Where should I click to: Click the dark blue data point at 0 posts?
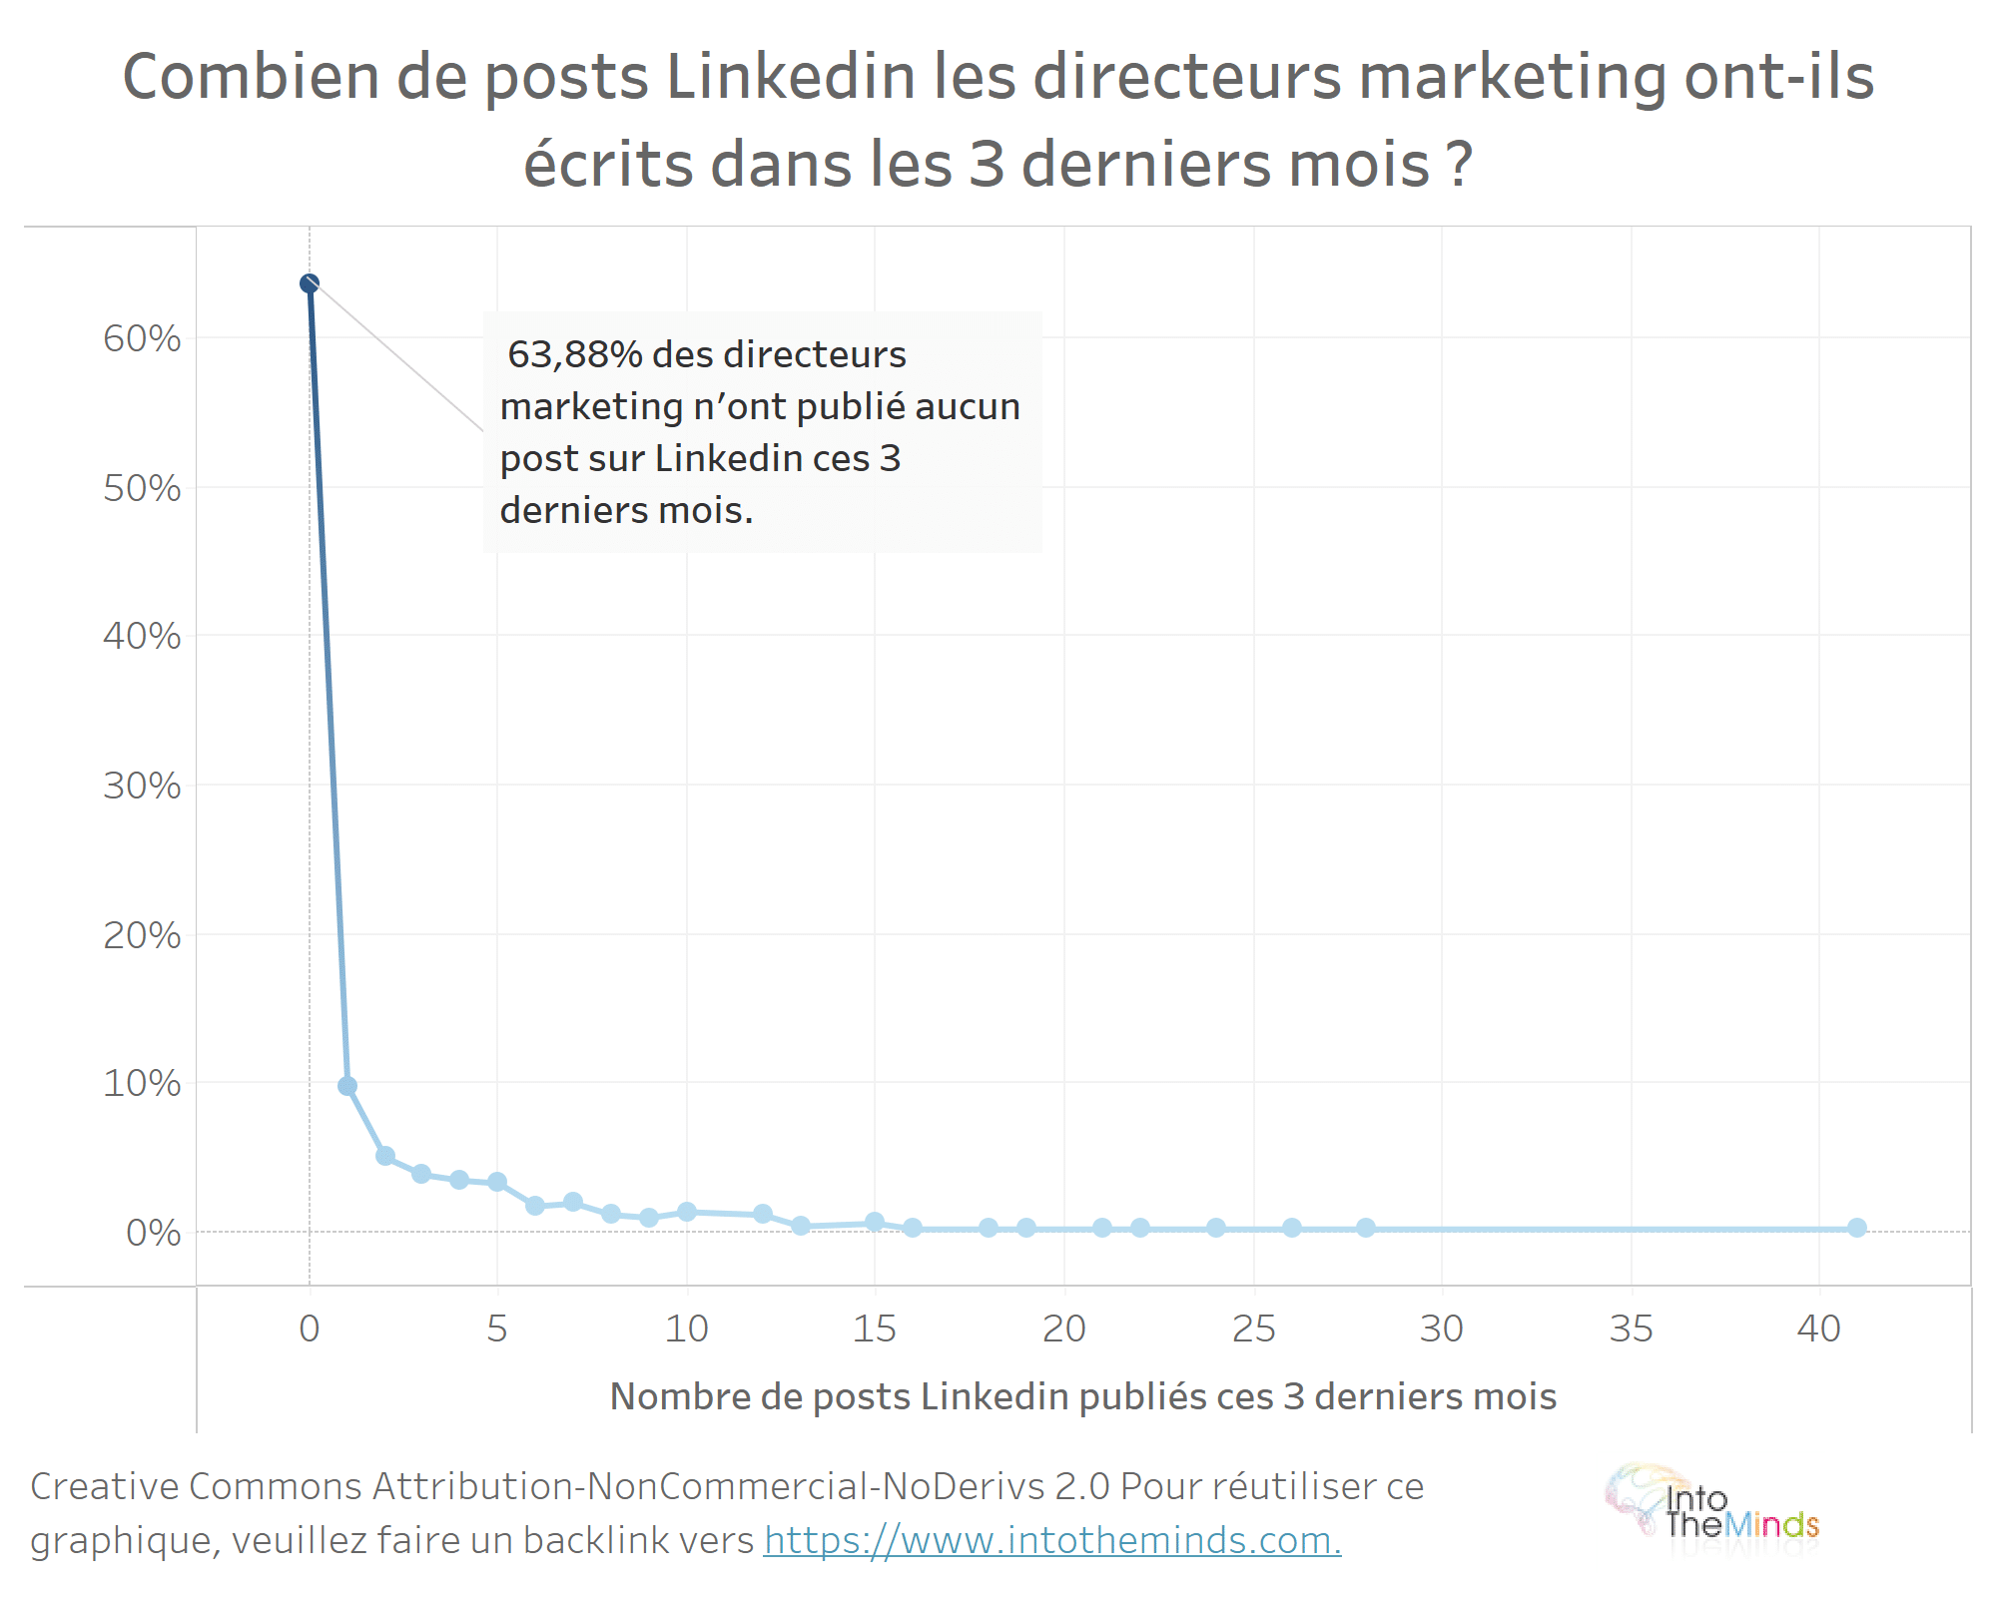click(x=310, y=283)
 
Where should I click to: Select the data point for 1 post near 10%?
click(x=347, y=1086)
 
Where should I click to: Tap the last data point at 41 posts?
click(x=1857, y=1228)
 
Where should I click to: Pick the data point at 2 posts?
click(x=385, y=1156)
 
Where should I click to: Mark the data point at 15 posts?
click(x=875, y=1222)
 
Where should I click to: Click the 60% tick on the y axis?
click(x=142, y=339)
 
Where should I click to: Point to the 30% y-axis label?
click(x=142, y=787)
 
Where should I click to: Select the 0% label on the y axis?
click(x=153, y=1234)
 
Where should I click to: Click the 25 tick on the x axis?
click(x=1254, y=1330)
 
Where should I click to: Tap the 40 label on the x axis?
click(x=1819, y=1330)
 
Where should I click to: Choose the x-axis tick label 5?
click(x=497, y=1330)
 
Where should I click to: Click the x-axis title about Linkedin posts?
click(x=1083, y=1397)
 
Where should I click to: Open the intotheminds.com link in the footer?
click(x=1052, y=1541)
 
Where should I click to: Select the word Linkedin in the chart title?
click(x=791, y=78)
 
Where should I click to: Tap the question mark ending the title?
click(x=1459, y=165)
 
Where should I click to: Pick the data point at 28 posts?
click(x=1366, y=1228)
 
